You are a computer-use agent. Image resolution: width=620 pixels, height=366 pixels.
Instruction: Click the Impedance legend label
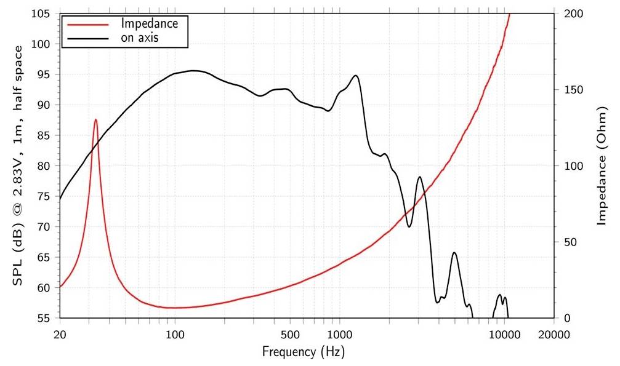point(150,24)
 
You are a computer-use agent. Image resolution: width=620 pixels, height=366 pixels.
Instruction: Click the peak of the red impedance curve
point(95,119)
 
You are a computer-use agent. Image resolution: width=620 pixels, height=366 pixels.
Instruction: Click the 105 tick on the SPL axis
point(45,14)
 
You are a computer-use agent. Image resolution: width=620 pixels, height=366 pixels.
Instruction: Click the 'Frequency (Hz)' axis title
point(303,352)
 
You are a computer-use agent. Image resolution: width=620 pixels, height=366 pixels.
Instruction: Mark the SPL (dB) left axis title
point(18,166)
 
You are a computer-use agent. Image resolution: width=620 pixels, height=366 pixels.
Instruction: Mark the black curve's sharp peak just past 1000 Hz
point(355,76)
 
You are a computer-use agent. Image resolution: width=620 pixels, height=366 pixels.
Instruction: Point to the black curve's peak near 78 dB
point(419,177)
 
